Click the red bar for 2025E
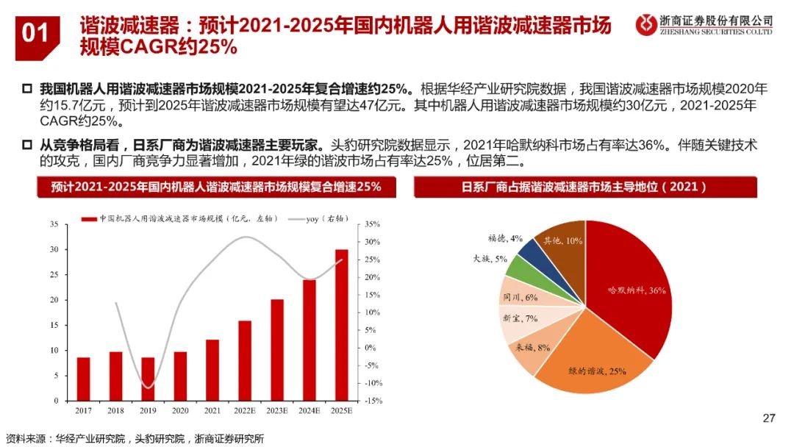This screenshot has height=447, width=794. tap(342, 326)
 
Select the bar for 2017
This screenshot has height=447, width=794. tap(84, 379)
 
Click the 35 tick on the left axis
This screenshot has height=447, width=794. tap(53, 224)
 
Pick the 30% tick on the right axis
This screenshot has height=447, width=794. tap(372, 242)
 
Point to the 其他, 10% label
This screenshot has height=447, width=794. tap(562, 240)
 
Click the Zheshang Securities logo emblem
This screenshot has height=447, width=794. tap(646, 24)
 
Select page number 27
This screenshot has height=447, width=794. tap(769, 418)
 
